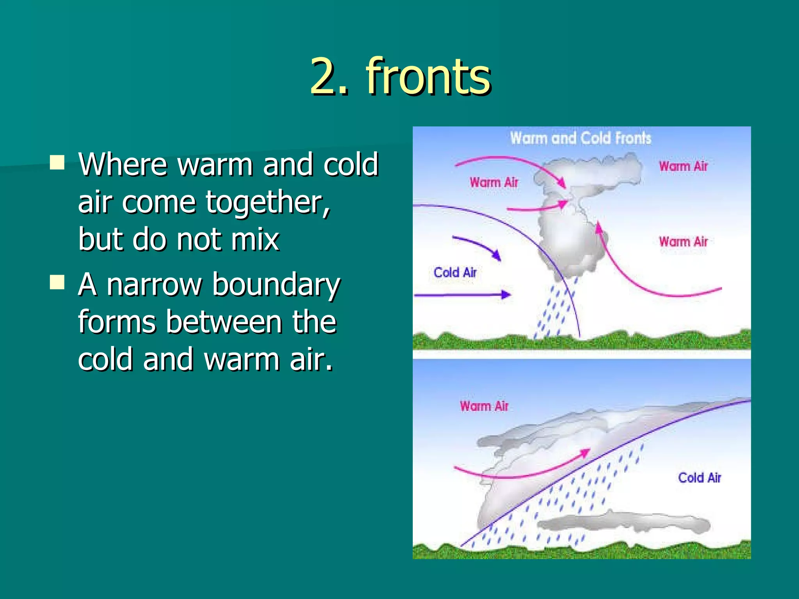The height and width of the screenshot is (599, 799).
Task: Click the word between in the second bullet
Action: (x=224, y=322)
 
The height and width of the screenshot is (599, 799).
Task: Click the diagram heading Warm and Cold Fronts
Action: (x=581, y=138)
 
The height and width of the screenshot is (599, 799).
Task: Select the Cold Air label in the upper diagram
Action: (x=455, y=272)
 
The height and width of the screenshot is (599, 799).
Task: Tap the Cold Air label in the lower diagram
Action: (x=700, y=478)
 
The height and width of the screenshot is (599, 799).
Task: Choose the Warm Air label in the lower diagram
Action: (x=484, y=406)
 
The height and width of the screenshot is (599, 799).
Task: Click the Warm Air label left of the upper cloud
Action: (x=494, y=182)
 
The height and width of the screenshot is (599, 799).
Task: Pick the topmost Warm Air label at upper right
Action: (x=683, y=166)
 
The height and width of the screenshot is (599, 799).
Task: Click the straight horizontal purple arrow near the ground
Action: (x=462, y=295)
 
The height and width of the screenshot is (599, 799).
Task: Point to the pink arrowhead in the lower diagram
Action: (x=584, y=453)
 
